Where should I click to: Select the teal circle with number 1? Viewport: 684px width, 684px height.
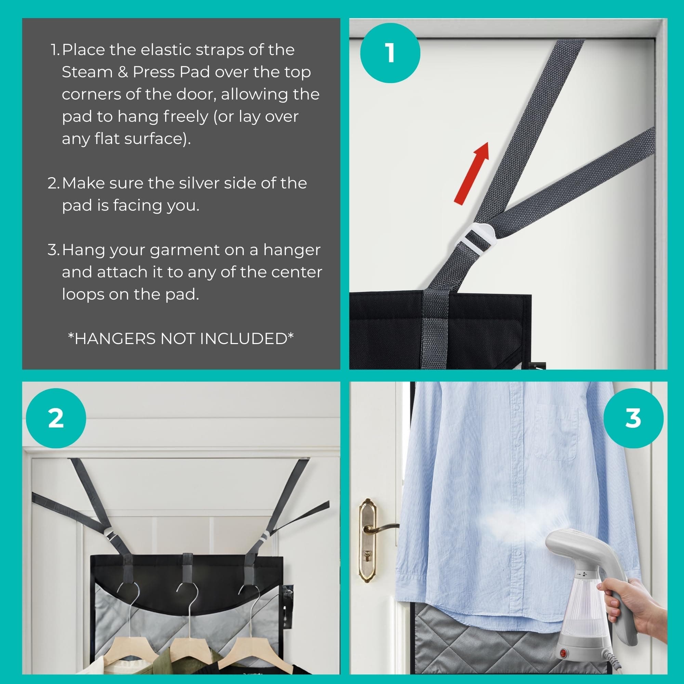point(390,53)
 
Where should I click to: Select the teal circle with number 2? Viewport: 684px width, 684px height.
point(56,418)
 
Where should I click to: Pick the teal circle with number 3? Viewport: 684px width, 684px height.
point(633,418)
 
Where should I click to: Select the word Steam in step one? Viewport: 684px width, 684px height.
point(87,72)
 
